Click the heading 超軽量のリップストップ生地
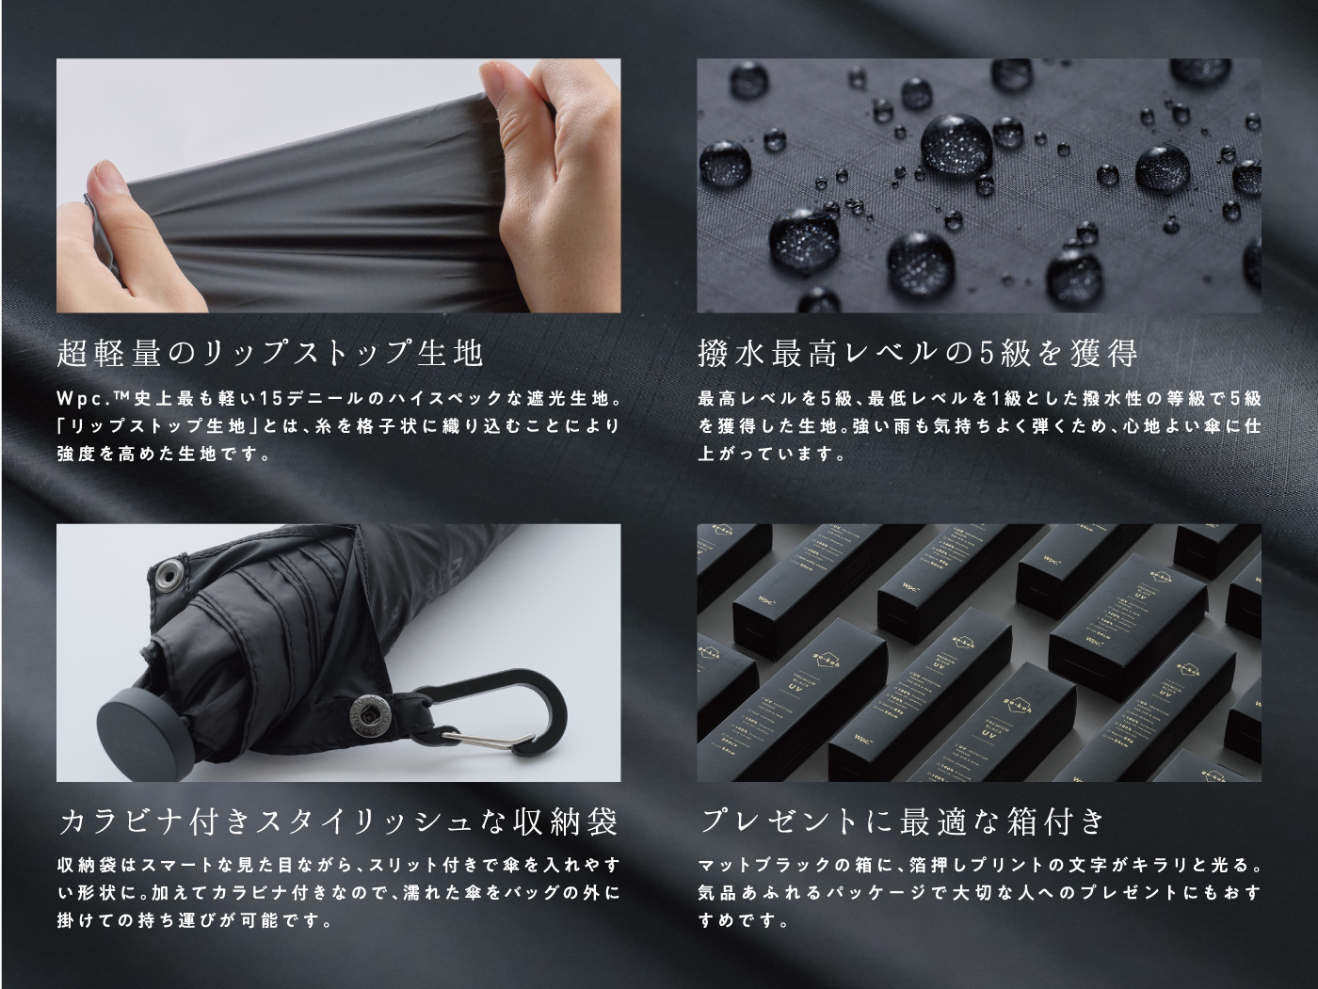[x=270, y=353]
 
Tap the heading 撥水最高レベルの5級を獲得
[x=918, y=353]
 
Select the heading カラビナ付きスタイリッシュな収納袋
[x=338, y=822]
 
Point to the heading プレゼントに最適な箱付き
[x=902, y=822]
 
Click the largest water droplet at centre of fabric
[x=956, y=145]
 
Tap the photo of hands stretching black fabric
[x=339, y=185]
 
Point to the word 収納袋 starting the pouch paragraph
[x=87, y=866]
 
